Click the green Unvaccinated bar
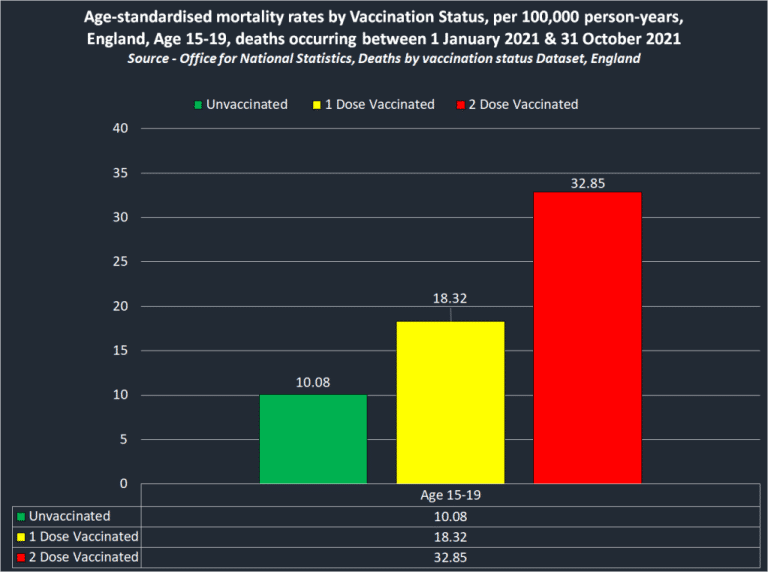[313, 439]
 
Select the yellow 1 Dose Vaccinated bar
[450, 402]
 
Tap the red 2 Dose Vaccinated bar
[587, 337]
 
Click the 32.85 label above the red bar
[587, 183]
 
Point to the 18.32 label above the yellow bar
[450, 298]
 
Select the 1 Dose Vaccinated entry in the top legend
[374, 104]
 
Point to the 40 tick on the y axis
[121, 128]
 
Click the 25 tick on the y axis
[121, 261]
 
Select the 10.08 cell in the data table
[449, 516]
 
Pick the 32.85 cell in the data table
[449, 557]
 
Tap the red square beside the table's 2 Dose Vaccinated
[21, 558]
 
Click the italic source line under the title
[383, 59]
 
